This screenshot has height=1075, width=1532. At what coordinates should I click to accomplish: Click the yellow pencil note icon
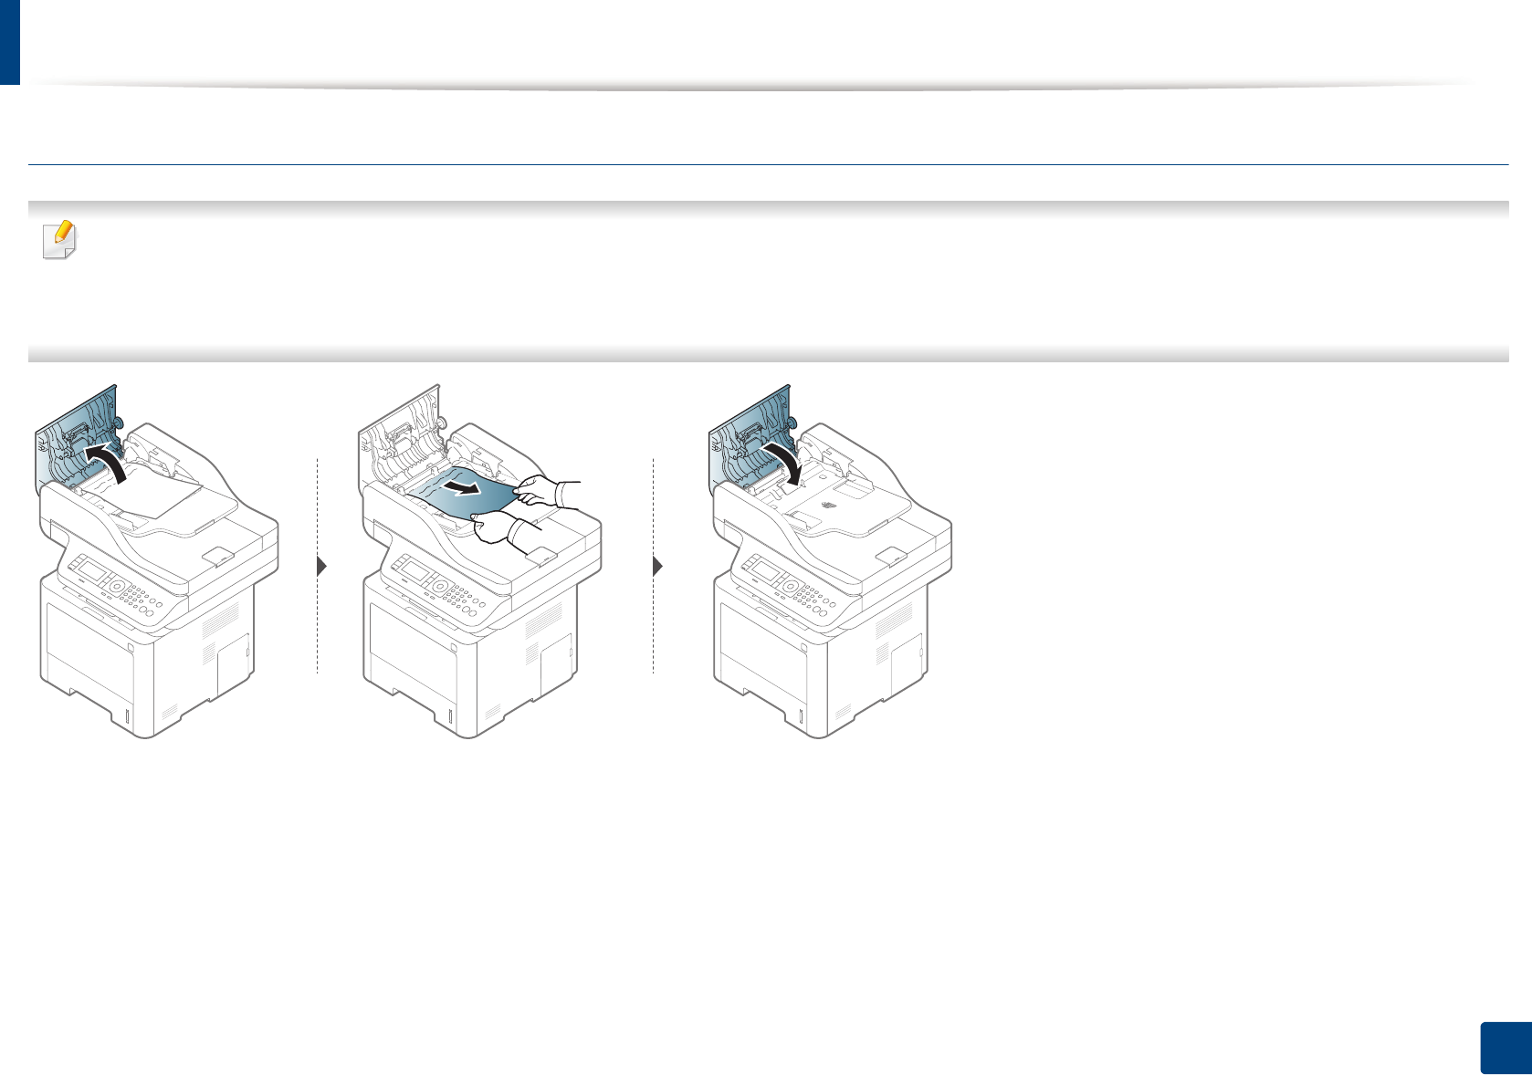[60, 239]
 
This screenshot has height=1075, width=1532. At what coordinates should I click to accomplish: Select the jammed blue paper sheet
[456, 500]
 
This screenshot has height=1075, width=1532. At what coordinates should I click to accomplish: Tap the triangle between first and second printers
[321, 566]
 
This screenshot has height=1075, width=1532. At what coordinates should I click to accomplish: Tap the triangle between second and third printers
[658, 566]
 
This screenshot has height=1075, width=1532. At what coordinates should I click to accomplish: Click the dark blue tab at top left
[9, 41]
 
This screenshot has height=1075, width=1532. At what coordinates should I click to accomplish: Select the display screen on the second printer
[415, 573]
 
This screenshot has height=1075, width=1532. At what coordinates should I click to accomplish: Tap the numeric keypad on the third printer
[816, 597]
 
